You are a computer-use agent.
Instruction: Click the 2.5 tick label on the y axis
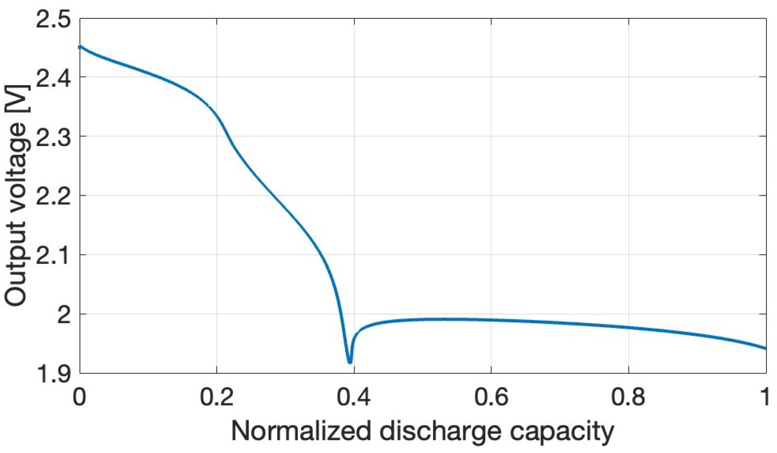point(53,20)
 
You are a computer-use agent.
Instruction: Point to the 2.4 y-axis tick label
point(53,78)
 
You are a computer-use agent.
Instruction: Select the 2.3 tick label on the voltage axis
point(53,137)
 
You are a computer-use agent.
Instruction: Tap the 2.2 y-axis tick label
point(53,196)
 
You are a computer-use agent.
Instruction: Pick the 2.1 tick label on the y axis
point(53,256)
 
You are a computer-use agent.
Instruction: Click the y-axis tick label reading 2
point(64,315)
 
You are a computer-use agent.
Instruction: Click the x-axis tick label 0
point(79,397)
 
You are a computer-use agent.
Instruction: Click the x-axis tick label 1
point(765,397)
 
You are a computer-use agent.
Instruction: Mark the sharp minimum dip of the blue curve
point(350,361)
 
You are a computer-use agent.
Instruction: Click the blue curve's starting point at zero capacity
point(80,47)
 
